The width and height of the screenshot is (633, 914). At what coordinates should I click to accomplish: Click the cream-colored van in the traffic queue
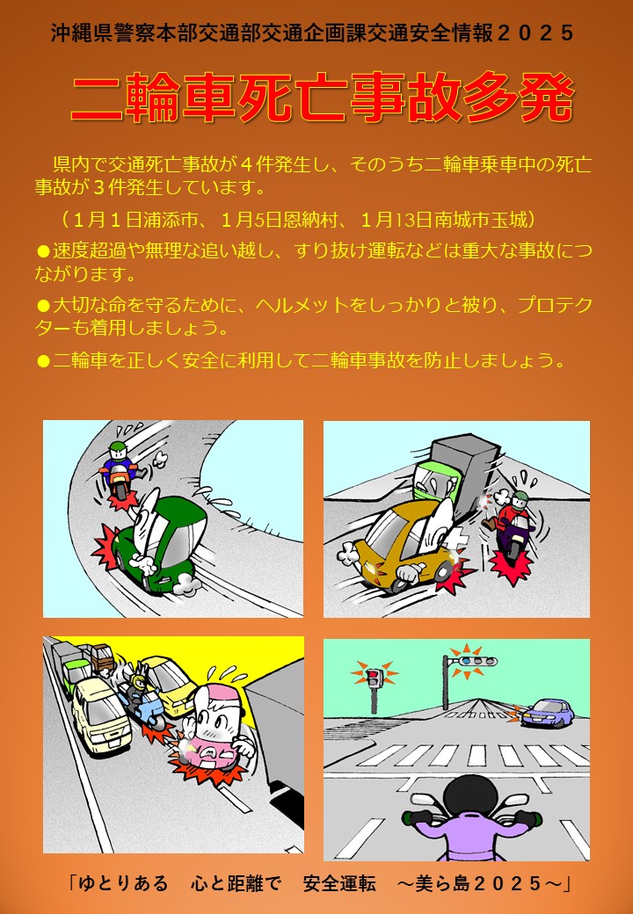[x=100, y=714]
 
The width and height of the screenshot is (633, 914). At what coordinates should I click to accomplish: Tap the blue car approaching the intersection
[x=547, y=713]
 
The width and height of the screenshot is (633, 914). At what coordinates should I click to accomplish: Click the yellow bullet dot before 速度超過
[x=43, y=251]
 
